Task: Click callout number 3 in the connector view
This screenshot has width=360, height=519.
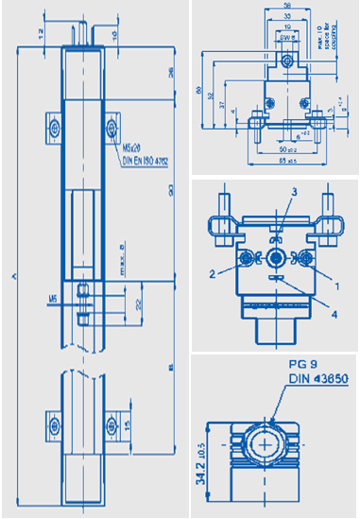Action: click(267, 192)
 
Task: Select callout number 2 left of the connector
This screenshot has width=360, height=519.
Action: click(215, 271)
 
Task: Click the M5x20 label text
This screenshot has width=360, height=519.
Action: click(132, 147)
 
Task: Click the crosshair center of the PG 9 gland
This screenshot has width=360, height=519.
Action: click(269, 442)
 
